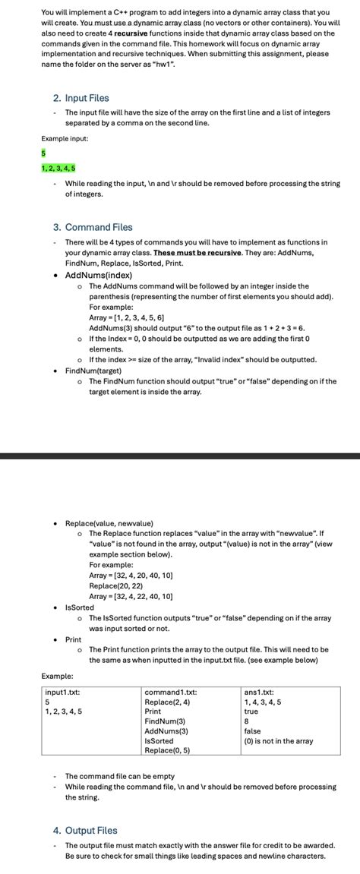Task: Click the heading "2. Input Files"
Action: [81, 98]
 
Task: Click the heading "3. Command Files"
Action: [93, 227]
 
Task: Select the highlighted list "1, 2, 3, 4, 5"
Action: [58, 168]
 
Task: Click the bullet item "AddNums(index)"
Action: [99, 275]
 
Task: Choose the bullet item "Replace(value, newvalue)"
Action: [109, 523]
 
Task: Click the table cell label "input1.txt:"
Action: [63, 692]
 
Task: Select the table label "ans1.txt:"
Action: [259, 692]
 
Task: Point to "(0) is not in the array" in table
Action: [278, 740]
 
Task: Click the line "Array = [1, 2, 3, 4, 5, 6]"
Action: [127, 317]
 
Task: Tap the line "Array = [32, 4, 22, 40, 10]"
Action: [131, 596]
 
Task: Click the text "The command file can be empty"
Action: [120, 776]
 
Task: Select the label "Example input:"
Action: [65, 139]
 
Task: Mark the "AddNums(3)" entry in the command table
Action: [166, 730]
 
